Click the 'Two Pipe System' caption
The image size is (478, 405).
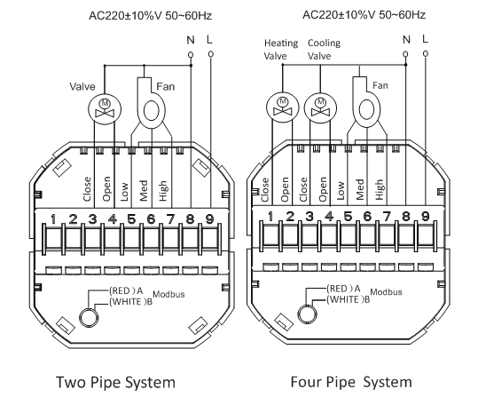(x=115, y=383)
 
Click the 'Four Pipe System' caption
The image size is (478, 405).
(x=351, y=383)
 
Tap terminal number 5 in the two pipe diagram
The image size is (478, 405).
(x=131, y=218)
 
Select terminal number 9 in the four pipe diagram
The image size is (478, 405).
(x=426, y=216)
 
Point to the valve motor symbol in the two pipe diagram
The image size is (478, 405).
(x=105, y=109)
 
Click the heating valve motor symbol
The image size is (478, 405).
(x=282, y=107)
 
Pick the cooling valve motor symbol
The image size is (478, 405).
(x=320, y=108)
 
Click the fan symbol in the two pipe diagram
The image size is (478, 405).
(x=150, y=102)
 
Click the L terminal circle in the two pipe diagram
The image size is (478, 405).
(x=210, y=54)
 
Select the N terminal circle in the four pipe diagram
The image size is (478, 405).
(x=405, y=54)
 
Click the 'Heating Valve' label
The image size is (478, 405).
(x=281, y=50)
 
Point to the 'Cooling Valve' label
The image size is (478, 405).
(x=324, y=50)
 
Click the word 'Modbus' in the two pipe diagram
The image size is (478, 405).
(x=168, y=294)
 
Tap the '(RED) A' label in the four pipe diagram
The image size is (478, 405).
(x=343, y=289)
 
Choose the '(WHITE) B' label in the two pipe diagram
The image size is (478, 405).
(x=130, y=302)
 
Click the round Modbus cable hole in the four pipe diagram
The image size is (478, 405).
(x=307, y=314)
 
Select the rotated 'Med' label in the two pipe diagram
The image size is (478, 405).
(x=144, y=190)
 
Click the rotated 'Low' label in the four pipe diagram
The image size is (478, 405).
(x=341, y=190)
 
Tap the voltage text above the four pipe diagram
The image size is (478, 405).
(x=364, y=14)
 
